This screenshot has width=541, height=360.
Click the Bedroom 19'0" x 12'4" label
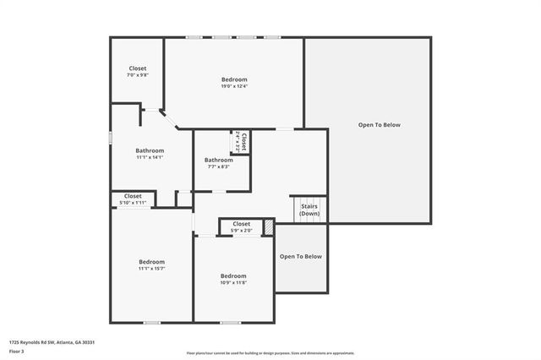[233, 82]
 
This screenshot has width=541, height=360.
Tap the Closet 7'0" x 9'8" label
[137, 72]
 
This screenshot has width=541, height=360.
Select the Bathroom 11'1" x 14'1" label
[150, 153]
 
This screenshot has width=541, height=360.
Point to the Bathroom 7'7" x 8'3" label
[218, 162]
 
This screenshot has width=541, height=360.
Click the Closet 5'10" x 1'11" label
[133, 199]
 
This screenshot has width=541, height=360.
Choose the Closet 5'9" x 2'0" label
[240, 226]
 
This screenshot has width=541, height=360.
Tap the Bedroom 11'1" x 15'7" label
[151, 265]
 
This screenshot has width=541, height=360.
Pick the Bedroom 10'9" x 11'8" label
[233, 279]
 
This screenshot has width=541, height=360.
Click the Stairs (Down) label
[309, 210]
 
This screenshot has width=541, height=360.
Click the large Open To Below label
[379, 125]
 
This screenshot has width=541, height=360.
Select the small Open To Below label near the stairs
[301, 256]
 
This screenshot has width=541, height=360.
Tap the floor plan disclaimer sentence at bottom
[270, 353]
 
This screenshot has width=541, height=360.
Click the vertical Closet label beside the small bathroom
[243, 141]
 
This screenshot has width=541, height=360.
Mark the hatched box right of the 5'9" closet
[268, 227]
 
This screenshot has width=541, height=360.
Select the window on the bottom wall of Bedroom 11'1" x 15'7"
[151, 322]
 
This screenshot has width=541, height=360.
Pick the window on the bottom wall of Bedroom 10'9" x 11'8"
[230, 322]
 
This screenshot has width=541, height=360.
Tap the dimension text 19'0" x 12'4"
[233, 86]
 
